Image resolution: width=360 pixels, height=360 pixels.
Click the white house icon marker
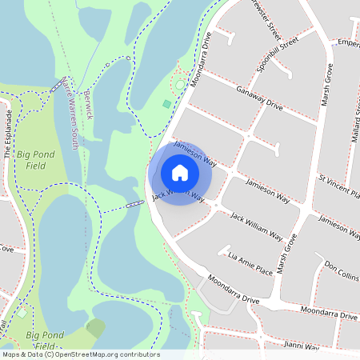(180, 172)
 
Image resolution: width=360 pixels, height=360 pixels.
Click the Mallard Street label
(352, 112)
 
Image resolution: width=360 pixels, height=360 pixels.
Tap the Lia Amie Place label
(250, 262)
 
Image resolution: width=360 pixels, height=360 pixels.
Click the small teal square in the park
(166, 103)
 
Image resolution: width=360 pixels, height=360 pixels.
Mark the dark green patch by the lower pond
(96, 328)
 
